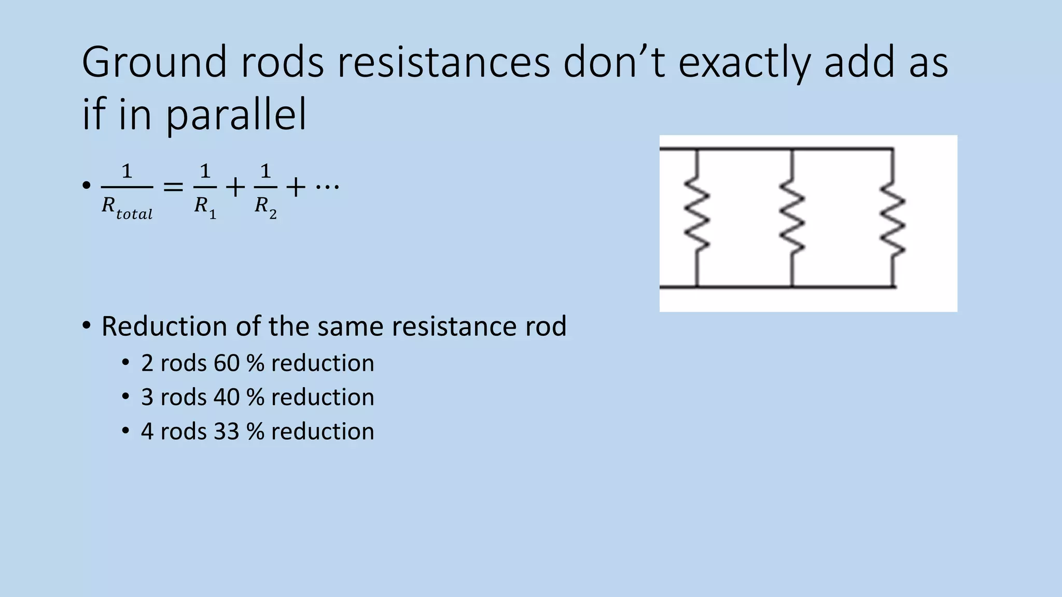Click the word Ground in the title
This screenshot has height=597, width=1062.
tap(154, 62)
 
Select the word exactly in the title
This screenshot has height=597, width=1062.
tap(744, 62)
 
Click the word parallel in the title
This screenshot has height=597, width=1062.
tap(236, 115)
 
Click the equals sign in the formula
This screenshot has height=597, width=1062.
tap(173, 187)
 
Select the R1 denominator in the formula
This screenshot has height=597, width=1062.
tap(205, 207)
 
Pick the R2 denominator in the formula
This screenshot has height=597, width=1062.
tap(265, 207)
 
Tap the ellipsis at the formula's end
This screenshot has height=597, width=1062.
tap(327, 186)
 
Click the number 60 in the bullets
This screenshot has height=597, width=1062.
tap(227, 363)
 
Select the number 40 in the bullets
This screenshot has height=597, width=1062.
tap(227, 397)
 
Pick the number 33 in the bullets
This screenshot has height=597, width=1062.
tap(226, 432)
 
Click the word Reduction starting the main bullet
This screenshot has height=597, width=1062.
tap(164, 326)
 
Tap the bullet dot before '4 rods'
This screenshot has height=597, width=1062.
tap(125, 431)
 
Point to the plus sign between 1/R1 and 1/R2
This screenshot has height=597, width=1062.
tap(235, 187)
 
